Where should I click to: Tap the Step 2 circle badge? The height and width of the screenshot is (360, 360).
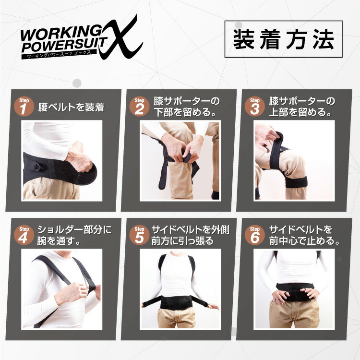pyautogui.click(x=139, y=107)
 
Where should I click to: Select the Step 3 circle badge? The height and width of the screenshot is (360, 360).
pyautogui.click(x=254, y=107)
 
